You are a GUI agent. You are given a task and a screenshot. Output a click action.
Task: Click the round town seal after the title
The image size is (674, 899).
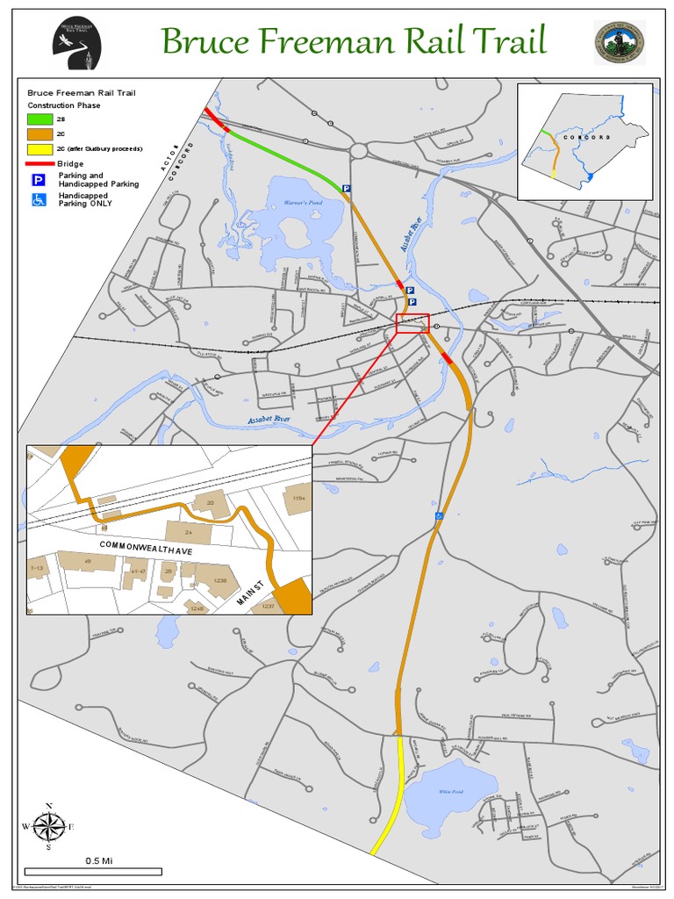[619, 43]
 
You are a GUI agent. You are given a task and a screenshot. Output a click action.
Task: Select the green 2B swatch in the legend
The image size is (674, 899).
[39, 119]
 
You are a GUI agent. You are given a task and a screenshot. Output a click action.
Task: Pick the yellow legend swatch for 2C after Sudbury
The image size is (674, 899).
[39, 148]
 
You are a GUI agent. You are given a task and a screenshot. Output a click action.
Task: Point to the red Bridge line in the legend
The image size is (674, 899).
[39, 164]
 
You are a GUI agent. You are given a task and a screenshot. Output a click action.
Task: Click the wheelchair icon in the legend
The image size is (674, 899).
[39, 199]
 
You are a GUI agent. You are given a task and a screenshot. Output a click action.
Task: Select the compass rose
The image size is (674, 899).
[49, 825]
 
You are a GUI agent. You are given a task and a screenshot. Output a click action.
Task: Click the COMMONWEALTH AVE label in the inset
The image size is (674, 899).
[146, 546]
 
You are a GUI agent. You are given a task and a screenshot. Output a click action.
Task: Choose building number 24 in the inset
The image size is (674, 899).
[188, 532]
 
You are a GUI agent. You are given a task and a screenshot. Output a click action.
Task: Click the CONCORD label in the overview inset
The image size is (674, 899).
[581, 138]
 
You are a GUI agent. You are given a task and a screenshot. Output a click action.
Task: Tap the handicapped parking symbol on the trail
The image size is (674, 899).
[439, 516]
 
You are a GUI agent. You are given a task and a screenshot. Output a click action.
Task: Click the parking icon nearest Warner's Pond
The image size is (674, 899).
[346, 188]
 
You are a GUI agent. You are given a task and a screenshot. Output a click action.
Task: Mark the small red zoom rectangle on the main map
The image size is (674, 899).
[412, 323]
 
